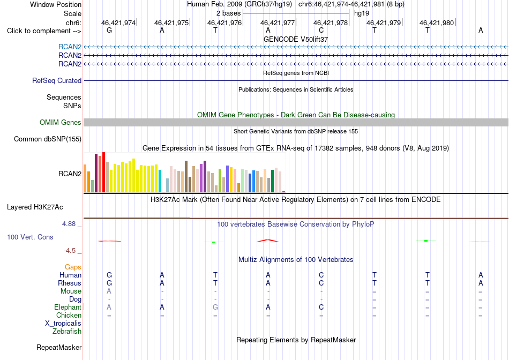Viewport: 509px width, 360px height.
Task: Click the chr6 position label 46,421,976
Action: point(224,22)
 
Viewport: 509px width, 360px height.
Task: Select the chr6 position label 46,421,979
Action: point(384,22)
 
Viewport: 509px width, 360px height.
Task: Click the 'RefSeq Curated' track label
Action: point(57,80)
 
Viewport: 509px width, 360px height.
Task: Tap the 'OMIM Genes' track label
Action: point(61,122)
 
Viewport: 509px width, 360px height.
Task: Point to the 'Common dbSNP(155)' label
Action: point(48,139)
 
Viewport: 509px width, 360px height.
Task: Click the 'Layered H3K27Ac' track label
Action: point(35,207)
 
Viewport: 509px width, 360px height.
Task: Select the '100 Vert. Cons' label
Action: point(30,237)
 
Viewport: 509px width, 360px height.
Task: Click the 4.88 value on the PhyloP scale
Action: point(69,224)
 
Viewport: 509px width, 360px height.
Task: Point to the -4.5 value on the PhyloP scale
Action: point(70,251)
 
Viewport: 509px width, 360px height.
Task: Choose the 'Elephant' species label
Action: point(68,307)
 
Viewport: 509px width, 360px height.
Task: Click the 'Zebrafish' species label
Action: point(67,332)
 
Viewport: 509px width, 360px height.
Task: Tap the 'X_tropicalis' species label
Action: point(63,324)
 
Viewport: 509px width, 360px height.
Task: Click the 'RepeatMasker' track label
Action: point(59,347)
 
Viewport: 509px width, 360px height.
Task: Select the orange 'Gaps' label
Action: point(73,267)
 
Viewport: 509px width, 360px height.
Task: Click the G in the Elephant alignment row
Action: point(215,307)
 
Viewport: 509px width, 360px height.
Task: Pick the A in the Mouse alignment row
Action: point(109,291)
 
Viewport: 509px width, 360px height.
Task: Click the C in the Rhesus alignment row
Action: point(321,283)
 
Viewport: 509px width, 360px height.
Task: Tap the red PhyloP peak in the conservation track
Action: point(268,241)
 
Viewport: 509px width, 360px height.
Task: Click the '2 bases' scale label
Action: point(229,13)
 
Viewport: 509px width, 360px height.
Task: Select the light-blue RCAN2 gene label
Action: point(70,47)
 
